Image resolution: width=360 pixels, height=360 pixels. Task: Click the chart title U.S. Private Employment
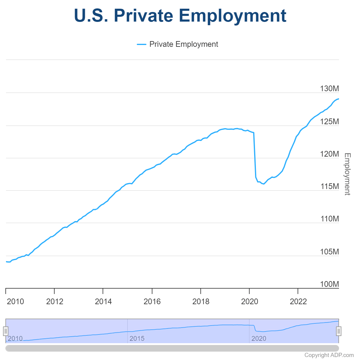180,16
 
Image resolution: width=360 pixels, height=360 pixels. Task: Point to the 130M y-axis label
329,88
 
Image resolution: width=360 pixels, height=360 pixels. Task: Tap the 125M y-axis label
329,121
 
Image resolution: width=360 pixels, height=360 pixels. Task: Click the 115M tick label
329,186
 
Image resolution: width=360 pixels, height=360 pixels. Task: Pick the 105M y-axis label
329,252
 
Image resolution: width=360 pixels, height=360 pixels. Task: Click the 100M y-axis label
329,284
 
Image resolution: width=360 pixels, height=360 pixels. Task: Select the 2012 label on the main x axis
55,301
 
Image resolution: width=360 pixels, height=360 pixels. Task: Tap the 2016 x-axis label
152,301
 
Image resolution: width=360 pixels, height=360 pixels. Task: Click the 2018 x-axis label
201,301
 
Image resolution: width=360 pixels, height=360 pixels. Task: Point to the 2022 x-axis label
298,301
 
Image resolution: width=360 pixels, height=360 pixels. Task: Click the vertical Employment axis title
347,174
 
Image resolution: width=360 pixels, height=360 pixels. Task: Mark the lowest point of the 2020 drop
263,184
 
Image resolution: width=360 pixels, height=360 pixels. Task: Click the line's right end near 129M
338,99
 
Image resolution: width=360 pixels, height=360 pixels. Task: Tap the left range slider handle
6,331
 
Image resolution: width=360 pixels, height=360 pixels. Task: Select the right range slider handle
339,331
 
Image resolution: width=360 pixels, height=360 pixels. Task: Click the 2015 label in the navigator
137,339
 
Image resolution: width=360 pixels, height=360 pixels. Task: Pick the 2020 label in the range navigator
259,339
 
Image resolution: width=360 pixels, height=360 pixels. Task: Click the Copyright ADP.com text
329,355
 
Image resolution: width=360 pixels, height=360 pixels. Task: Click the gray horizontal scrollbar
172,348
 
